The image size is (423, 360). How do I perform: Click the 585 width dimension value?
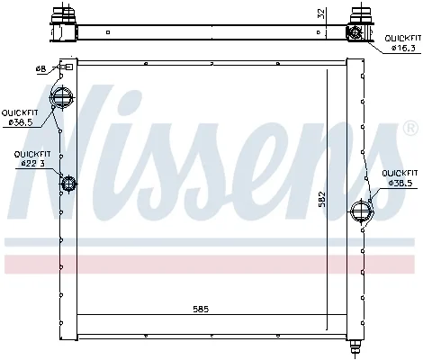click(x=201, y=309)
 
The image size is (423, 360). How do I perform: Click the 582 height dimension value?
click(x=322, y=200)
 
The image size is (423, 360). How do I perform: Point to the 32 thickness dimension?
click(x=321, y=14)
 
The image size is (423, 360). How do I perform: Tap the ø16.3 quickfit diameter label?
click(x=403, y=48)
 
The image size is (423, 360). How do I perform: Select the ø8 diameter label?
click(x=40, y=69)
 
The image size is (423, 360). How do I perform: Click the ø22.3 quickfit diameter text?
click(x=33, y=163)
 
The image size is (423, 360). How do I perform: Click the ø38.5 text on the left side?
click(x=21, y=122)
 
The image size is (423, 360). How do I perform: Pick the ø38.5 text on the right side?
click(x=400, y=183)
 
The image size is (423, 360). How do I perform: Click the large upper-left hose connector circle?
click(x=61, y=97)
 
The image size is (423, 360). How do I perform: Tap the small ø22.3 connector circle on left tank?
click(x=68, y=184)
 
